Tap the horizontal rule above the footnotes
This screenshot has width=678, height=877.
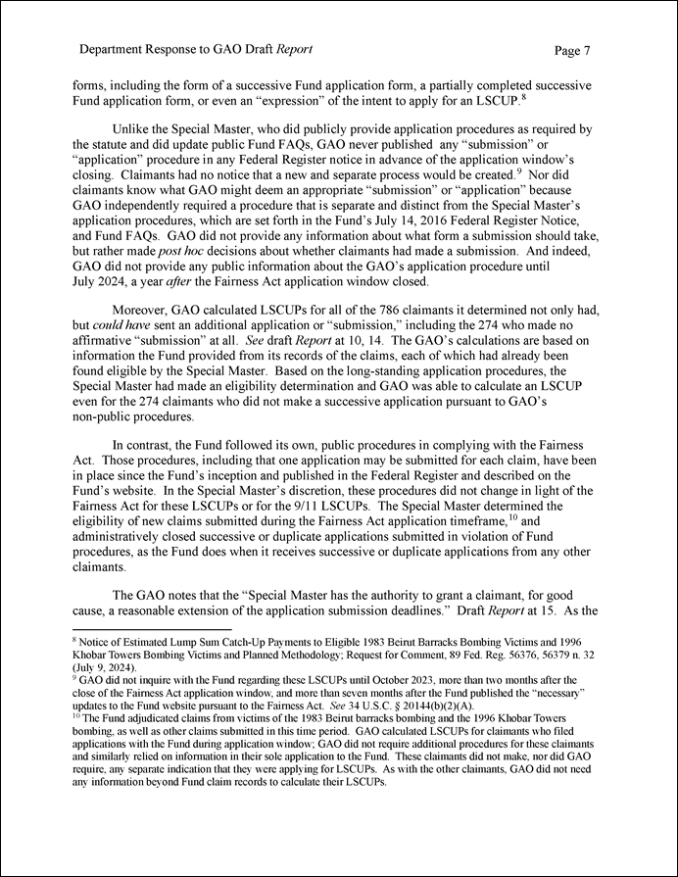coord(152,628)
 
